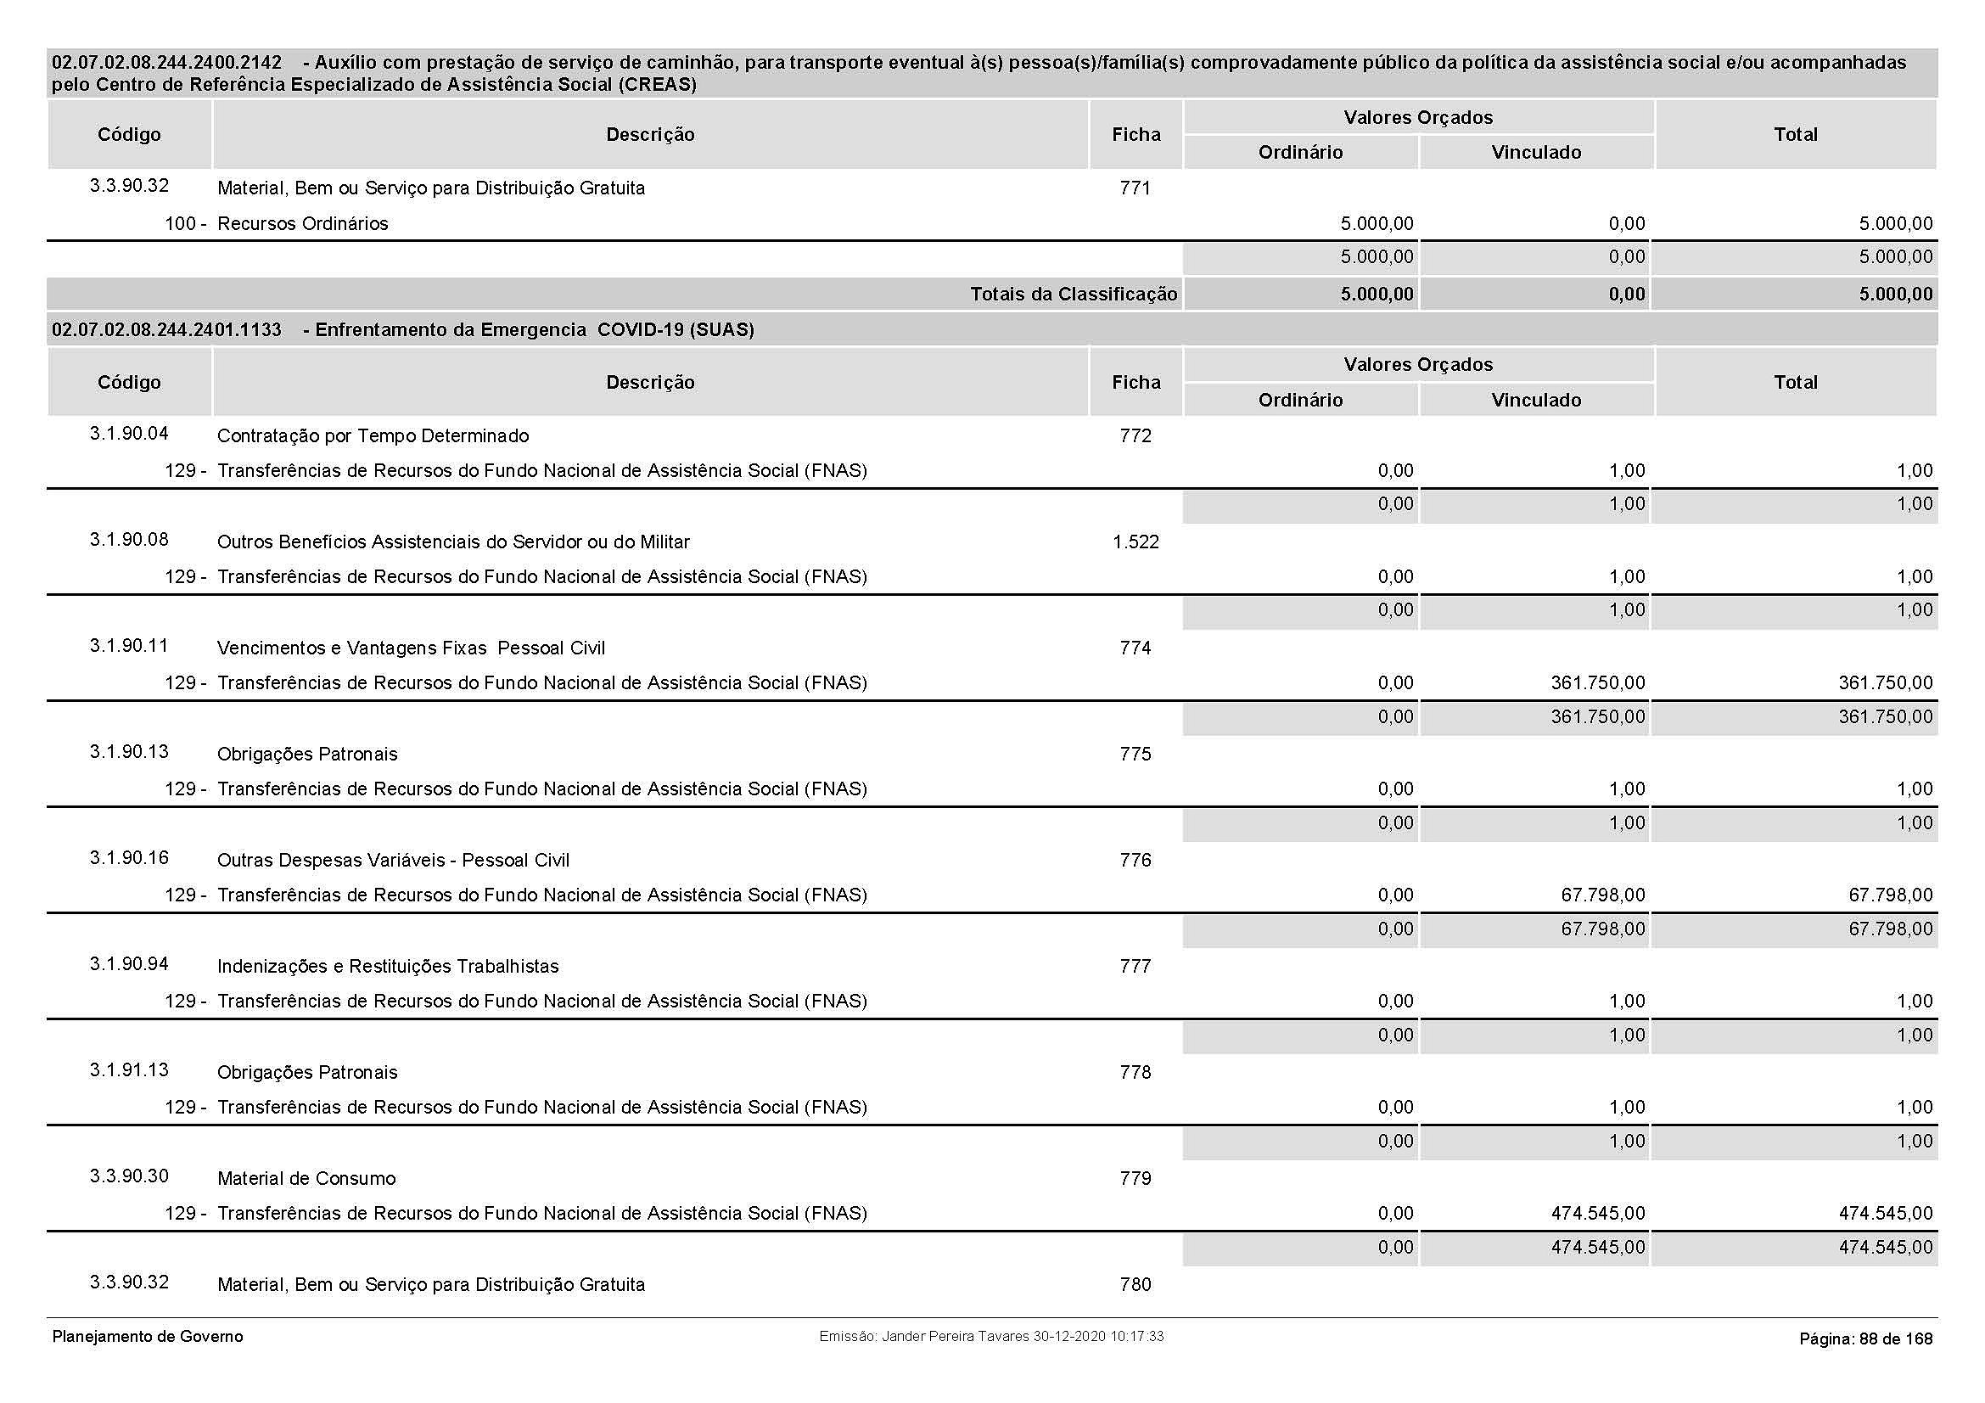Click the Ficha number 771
(x=1135, y=188)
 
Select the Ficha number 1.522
(x=1135, y=542)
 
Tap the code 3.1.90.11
(x=129, y=646)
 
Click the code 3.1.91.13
(x=129, y=1070)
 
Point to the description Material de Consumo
(x=306, y=1178)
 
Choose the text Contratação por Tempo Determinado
(x=373, y=435)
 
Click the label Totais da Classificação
(x=1073, y=294)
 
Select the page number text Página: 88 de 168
(x=1865, y=1339)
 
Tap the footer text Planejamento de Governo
(x=148, y=1337)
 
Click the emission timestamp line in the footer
(x=990, y=1337)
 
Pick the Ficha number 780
(x=1135, y=1284)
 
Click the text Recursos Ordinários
(x=303, y=224)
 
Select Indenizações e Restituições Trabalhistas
(x=387, y=967)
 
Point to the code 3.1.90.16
(x=129, y=858)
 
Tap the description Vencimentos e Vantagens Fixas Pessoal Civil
(x=411, y=648)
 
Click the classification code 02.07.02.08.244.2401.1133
(x=167, y=329)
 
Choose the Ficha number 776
(x=1135, y=860)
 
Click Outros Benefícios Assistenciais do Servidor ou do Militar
(x=453, y=542)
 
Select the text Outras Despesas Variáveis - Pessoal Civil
(x=393, y=860)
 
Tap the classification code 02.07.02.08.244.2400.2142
(x=167, y=62)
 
